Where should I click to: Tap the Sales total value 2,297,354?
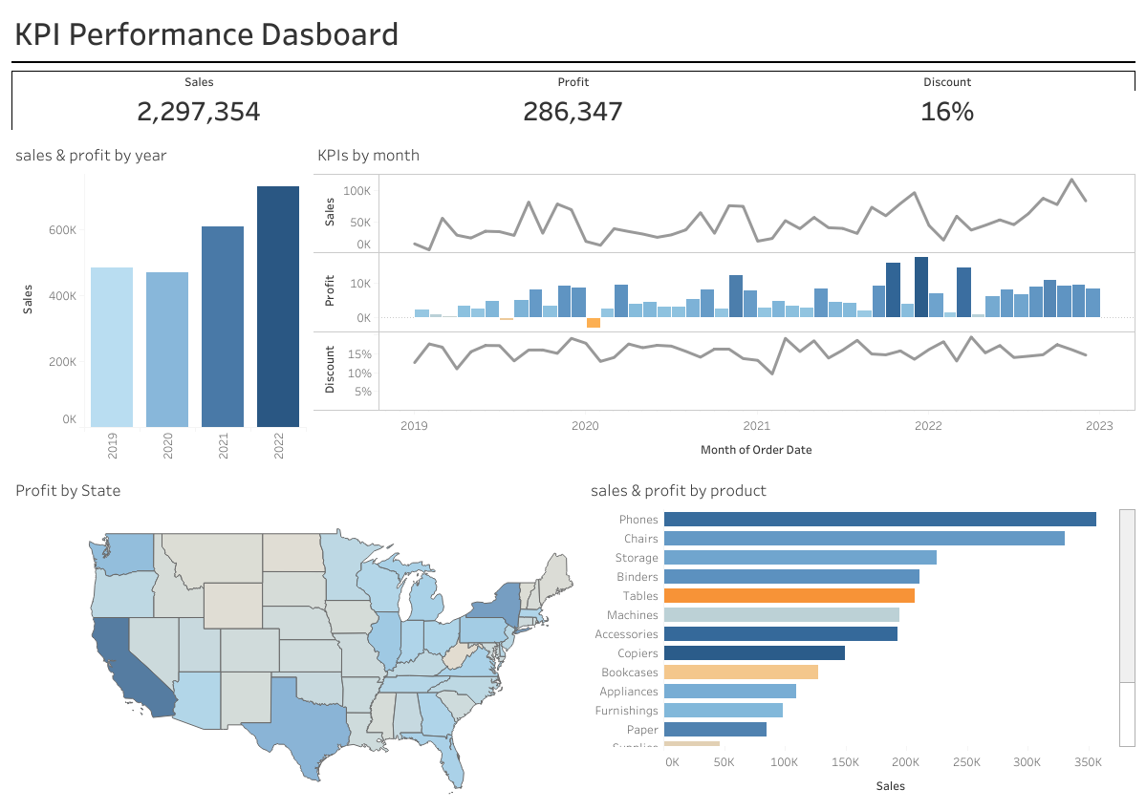199,112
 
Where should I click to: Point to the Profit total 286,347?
573,112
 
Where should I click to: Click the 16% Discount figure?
946,112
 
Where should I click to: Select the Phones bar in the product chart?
879,520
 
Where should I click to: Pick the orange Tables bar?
789,596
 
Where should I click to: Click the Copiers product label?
638,653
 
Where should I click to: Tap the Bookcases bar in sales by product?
741,672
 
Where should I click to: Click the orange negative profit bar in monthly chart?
593,323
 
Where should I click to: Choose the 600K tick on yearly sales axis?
62,230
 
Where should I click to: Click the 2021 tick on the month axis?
756,426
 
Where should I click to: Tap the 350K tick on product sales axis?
1088,763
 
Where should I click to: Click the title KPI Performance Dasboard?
206,35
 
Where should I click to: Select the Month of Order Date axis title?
756,450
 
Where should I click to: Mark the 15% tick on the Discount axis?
359,354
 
